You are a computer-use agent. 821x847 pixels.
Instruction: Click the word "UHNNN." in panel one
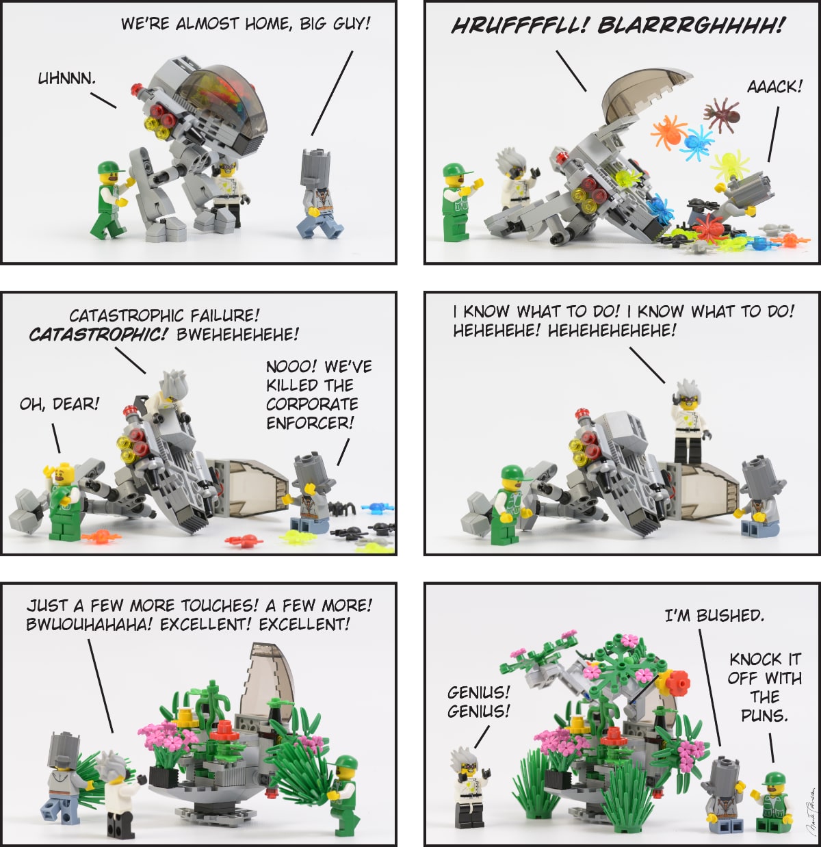(66, 79)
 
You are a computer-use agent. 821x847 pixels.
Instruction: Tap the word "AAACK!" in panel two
(774, 87)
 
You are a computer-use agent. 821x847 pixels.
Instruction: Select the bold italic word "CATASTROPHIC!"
(99, 335)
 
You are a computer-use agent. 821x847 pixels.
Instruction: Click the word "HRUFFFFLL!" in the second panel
(520, 26)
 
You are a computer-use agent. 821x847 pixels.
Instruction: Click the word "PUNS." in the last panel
(764, 716)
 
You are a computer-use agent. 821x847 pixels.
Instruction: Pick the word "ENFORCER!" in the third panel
(310, 423)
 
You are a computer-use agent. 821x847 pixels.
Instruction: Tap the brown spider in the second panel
(722, 114)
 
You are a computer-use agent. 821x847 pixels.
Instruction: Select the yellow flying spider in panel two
(729, 165)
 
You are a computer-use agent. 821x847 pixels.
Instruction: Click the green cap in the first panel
(110, 168)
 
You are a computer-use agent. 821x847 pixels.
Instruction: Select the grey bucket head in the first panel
(315, 169)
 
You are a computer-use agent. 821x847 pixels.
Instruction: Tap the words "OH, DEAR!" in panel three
(60, 404)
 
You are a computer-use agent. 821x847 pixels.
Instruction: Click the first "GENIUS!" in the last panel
(478, 692)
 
